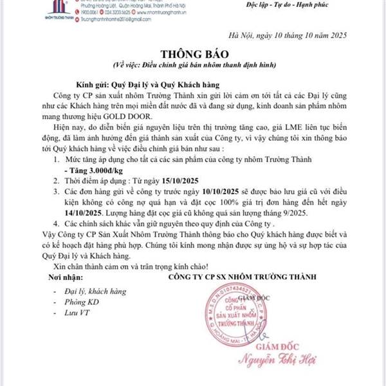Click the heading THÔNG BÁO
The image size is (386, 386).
[194, 55]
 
